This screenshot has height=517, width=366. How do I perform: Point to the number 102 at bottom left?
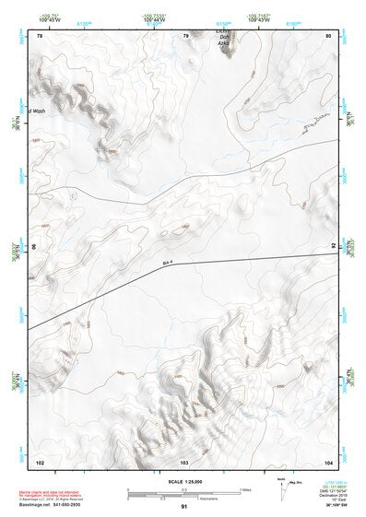point(40,460)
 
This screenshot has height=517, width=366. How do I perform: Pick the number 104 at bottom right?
point(327,460)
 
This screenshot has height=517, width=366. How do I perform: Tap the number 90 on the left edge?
point(35,248)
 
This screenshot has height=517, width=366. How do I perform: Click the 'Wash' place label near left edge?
point(38,111)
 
